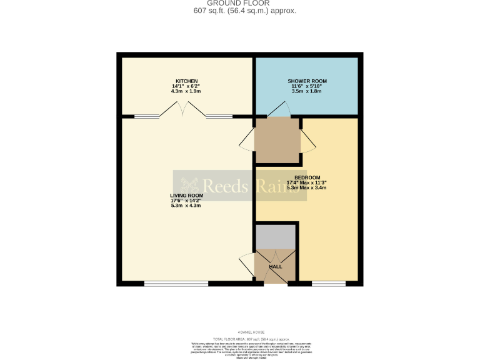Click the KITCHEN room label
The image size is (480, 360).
point(186,82)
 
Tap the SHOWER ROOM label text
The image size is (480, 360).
point(307,82)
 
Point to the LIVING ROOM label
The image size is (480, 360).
point(186,196)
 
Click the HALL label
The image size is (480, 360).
point(275,267)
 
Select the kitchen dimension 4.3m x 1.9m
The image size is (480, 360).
point(186,92)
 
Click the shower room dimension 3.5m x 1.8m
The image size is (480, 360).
point(307,92)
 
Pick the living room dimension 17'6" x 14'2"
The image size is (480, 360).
point(186,201)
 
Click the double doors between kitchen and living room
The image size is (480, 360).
point(183,111)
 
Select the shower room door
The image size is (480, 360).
point(278,112)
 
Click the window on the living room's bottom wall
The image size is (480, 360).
point(176,284)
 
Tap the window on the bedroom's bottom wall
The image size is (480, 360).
point(329,284)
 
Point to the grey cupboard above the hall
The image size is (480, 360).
point(276,236)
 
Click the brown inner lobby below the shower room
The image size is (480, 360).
point(277,141)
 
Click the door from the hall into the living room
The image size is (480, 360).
point(246,267)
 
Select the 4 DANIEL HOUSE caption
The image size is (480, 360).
point(240,332)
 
